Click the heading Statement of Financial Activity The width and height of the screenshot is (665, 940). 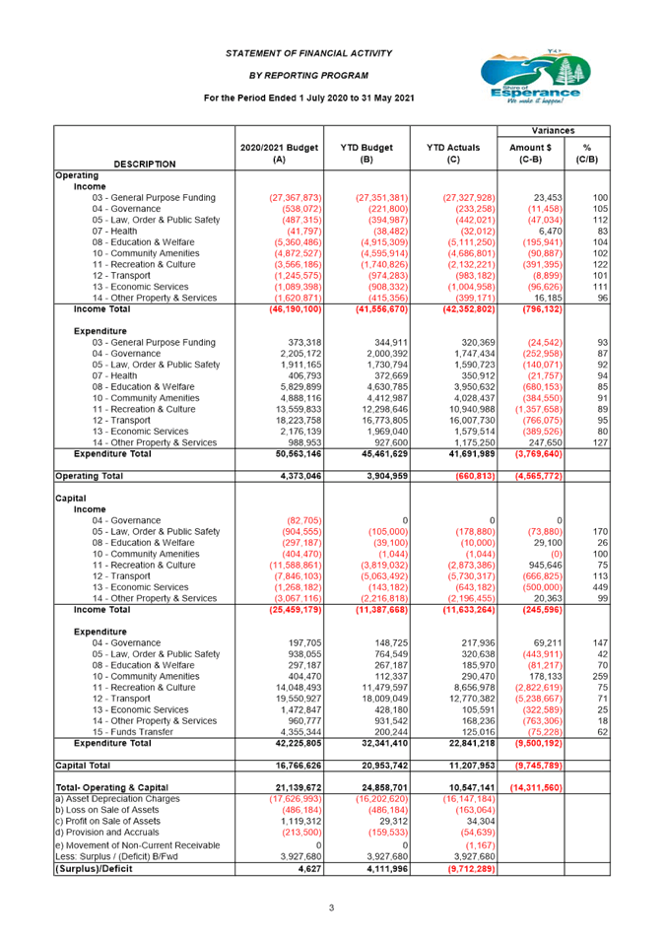click(308, 52)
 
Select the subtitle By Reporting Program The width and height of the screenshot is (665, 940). click(308, 75)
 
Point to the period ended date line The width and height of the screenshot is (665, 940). click(308, 98)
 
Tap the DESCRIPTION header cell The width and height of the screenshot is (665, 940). click(145, 164)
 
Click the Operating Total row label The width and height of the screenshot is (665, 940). click(89, 476)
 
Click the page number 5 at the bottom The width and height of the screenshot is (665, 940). click(332, 906)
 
